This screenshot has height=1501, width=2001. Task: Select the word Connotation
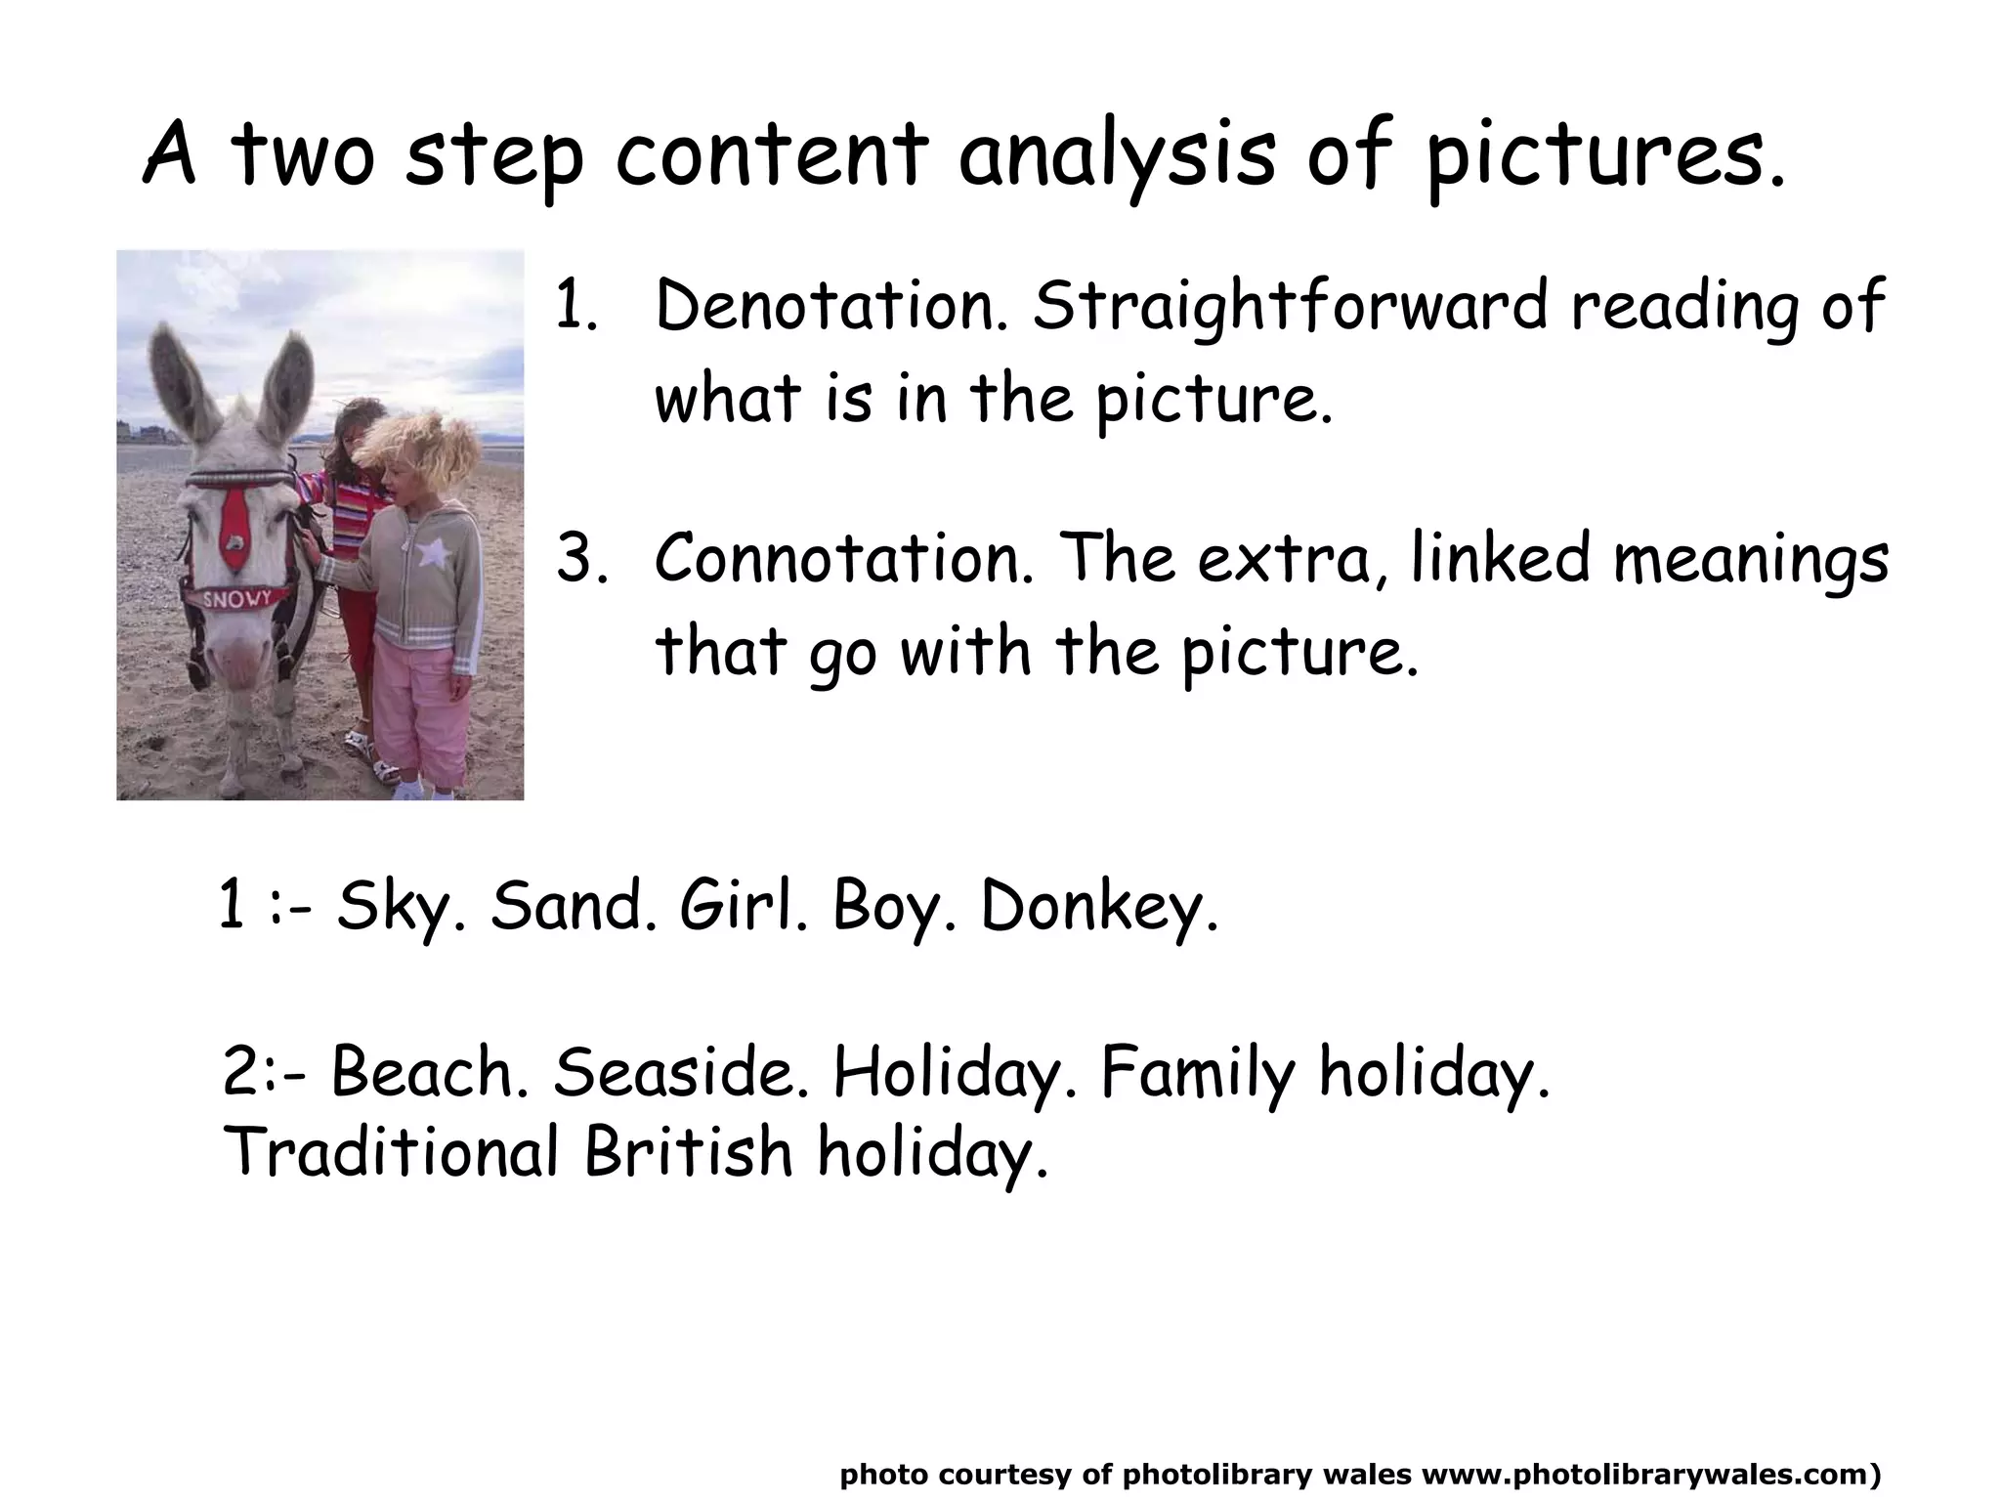(842, 559)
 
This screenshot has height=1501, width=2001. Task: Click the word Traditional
(391, 1151)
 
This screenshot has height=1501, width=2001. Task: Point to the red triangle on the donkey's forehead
(234, 528)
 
